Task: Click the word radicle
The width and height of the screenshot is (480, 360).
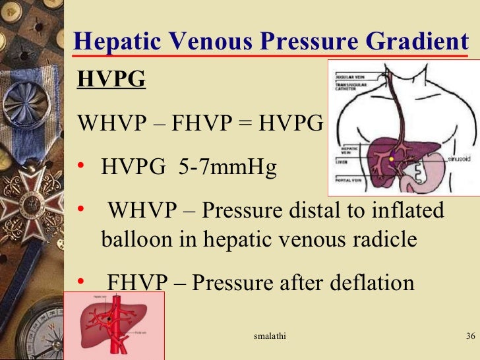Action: pyautogui.click(x=380, y=239)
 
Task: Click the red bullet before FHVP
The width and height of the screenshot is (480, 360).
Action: pyautogui.click(x=82, y=283)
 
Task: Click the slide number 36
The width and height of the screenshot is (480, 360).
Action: pyautogui.click(x=470, y=336)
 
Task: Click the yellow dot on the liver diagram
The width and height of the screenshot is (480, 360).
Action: pyautogui.click(x=392, y=159)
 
